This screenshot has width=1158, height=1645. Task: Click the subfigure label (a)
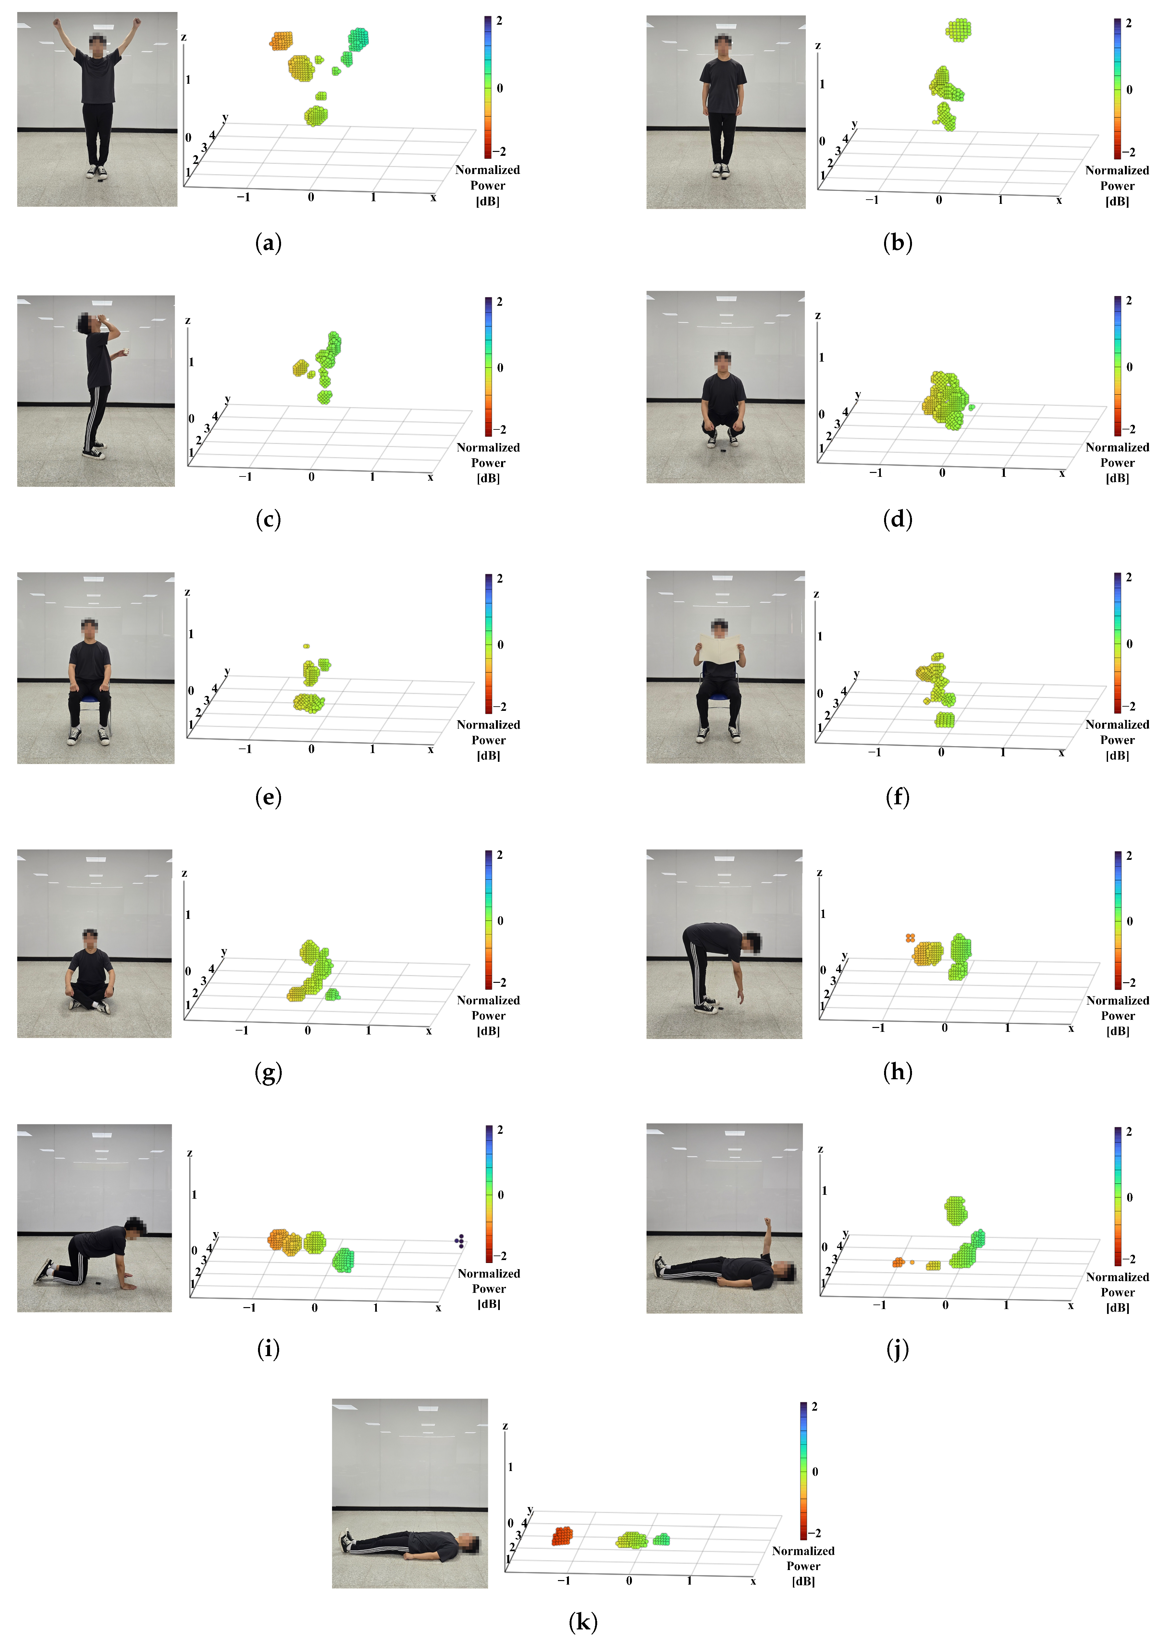tap(268, 243)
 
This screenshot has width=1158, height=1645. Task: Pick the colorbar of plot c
tap(488, 366)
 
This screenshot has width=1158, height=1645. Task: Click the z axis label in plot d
tap(818, 316)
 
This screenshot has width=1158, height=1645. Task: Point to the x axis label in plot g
tap(428, 1031)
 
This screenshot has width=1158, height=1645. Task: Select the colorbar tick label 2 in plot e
tap(500, 578)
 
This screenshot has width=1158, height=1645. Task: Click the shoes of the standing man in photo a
tap(97, 172)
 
